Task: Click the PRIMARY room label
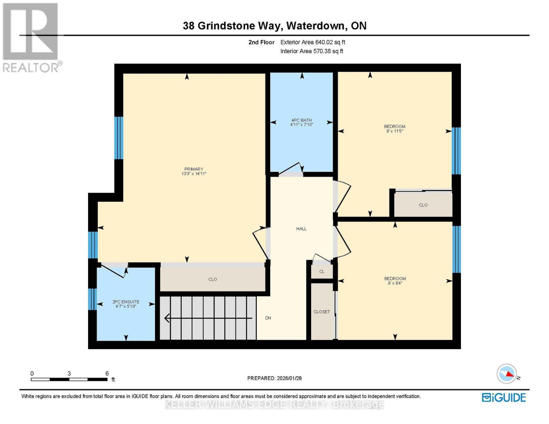point(194,169)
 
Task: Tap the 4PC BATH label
point(302,120)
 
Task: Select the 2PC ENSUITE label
point(126,302)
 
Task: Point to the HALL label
point(301,229)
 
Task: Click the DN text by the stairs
point(268,318)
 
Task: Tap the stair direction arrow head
point(167,318)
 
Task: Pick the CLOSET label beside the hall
point(322,312)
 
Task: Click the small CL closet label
point(322,272)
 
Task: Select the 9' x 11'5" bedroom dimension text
point(395,131)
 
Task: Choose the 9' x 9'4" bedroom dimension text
point(395,283)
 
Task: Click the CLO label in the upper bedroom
point(423,205)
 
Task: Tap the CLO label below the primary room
point(212,279)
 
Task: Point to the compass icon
point(507,373)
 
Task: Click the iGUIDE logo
point(504,397)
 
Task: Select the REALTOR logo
point(31,37)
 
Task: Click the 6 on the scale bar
point(107,373)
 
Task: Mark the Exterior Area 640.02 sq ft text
point(313,42)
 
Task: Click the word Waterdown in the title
point(315,26)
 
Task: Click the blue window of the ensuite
point(92,299)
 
